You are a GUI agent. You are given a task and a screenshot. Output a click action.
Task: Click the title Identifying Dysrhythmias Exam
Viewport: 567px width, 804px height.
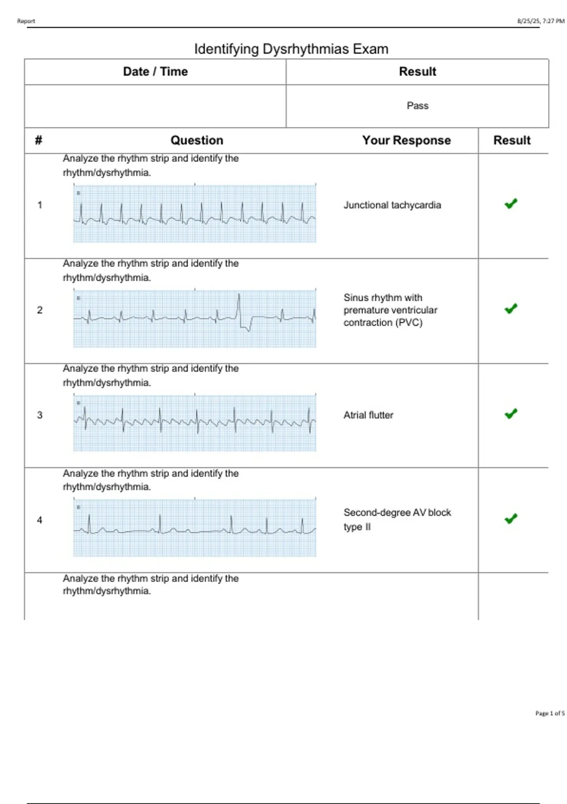pos(291,49)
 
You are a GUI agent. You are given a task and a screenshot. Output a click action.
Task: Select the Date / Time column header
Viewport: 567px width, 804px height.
pos(155,71)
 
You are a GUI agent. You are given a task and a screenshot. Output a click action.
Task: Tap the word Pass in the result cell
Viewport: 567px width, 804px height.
pos(417,105)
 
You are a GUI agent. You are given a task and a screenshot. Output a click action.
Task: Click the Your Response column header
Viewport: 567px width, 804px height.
pos(406,140)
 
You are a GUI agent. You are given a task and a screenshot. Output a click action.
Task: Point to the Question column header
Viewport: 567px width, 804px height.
pos(197,140)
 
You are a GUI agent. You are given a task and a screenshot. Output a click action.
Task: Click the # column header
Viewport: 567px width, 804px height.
pos(39,140)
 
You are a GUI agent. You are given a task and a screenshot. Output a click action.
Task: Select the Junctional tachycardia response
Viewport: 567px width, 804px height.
pos(392,205)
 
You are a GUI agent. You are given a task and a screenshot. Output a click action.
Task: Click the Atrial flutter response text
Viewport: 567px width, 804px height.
pos(368,415)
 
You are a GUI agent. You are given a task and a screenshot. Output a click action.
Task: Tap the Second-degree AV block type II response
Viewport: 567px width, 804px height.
pos(397,519)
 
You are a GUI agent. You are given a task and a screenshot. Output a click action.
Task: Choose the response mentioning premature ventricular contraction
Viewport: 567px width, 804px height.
pos(390,310)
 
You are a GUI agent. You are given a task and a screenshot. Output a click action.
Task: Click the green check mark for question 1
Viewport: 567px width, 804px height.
pos(511,204)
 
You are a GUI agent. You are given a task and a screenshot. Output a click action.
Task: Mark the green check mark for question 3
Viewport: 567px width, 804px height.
pos(511,414)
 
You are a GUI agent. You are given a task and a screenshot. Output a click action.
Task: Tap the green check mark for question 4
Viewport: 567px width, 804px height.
pos(511,519)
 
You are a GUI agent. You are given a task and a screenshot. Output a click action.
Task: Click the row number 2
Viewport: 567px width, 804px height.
pos(40,310)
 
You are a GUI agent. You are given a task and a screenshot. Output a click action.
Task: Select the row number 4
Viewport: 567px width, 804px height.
pos(40,520)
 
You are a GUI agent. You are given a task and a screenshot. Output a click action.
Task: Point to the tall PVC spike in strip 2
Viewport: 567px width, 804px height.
pos(239,305)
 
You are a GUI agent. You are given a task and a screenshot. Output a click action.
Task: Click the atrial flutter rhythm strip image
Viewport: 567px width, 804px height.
pos(195,422)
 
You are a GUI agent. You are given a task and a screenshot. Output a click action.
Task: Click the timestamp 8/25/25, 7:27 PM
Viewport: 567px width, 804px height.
pos(541,21)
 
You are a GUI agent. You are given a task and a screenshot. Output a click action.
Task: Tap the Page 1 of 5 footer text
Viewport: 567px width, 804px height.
pos(550,713)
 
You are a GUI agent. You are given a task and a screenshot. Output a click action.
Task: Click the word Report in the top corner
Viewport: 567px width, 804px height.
pos(26,21)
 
